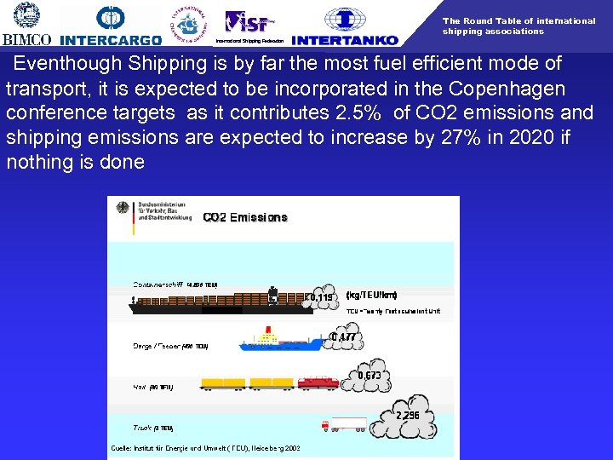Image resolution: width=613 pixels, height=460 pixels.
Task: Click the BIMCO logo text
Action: tap(27, 39)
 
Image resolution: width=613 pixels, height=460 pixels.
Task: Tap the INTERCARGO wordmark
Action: tap(111, 40)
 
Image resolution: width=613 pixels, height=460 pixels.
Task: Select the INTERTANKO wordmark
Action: tap(344, 40)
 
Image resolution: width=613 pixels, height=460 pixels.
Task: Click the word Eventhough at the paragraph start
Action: tap(66, 64)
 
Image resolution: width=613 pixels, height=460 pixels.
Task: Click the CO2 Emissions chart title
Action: tap(245, 218)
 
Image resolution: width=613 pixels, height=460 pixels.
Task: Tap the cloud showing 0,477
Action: tap(343, 336)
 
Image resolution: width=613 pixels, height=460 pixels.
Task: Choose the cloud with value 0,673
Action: tap(369, 375)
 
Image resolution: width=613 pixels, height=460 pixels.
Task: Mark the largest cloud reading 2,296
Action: tap(408, 415)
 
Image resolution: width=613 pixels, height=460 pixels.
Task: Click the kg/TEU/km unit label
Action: tap(372, 296)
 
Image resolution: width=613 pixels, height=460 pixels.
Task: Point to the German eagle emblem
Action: tap(121, 210)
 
